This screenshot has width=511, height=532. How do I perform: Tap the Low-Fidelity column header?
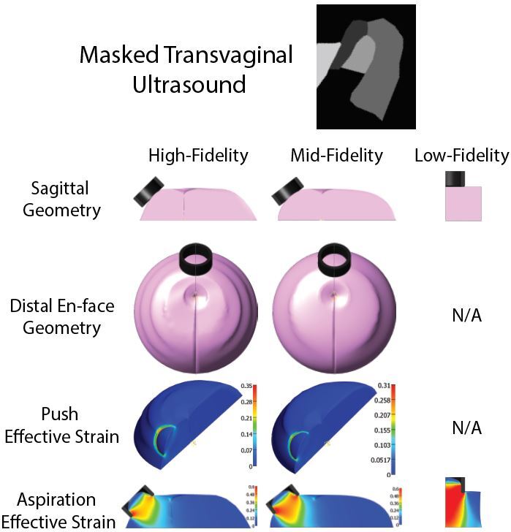pos(461,155)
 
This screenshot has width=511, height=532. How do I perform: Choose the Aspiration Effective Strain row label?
pos(58,510)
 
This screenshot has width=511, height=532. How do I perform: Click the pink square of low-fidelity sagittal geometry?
pos(463,203)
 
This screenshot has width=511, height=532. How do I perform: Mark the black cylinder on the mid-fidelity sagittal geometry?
pos(287,191)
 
